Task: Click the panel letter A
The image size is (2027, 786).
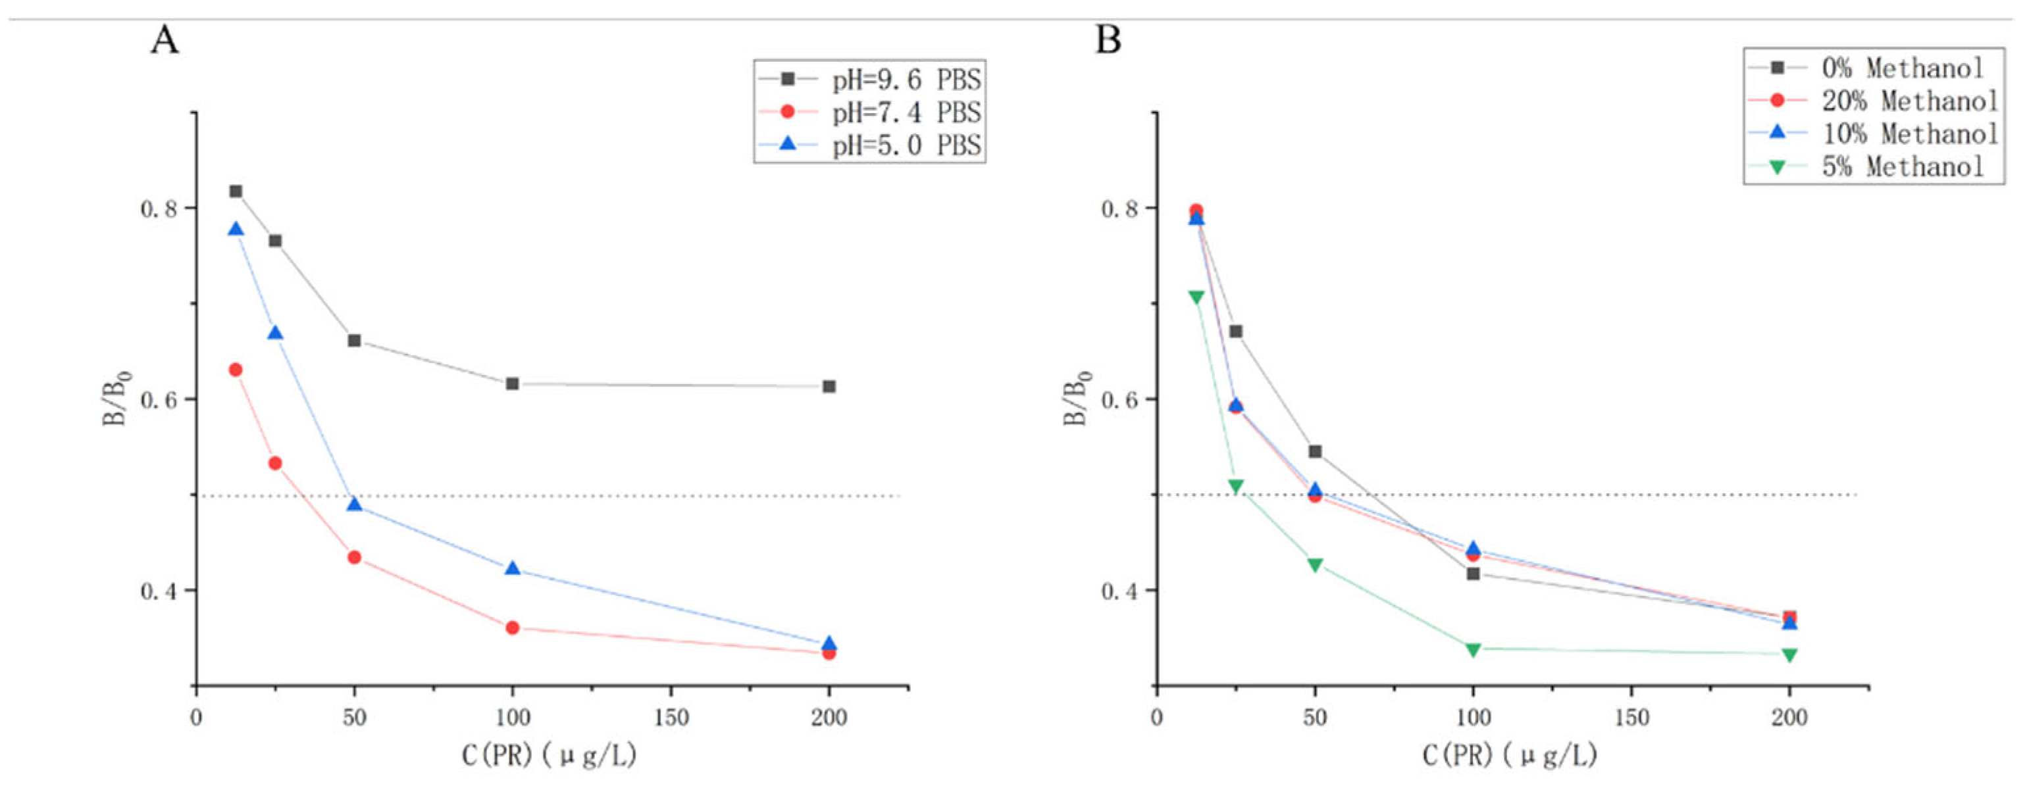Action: tap(165, 39)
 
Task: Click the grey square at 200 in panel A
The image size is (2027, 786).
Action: tap(829, 386)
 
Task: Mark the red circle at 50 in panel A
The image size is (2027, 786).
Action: tap(354, 557)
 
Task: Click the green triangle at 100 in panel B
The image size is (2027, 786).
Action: tap(1473, 649)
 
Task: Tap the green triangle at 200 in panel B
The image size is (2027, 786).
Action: tap(1789, 654)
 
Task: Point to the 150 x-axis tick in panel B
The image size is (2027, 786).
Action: tap(1631, 718)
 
